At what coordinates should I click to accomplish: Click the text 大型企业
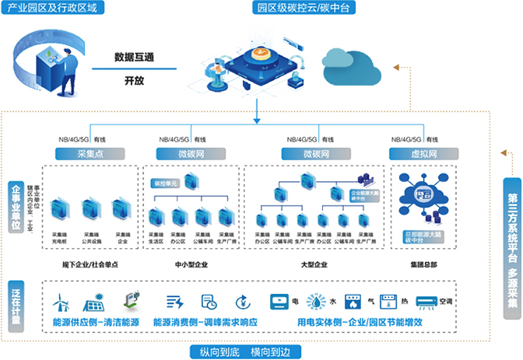pos(315,264)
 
